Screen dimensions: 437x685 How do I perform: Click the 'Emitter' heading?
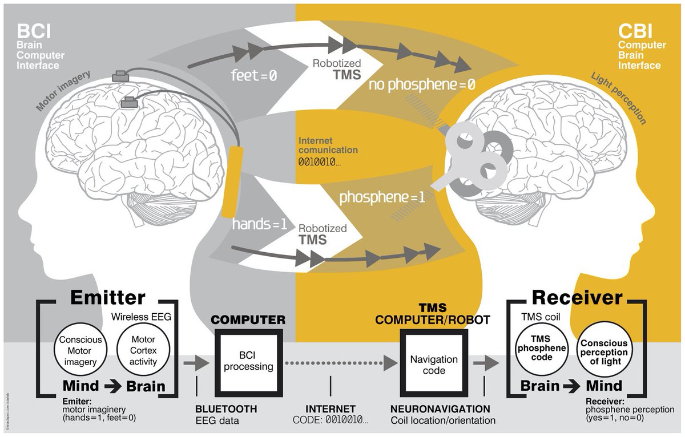[x=108, y=297]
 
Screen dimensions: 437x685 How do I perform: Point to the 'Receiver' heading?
[x=577, y=297]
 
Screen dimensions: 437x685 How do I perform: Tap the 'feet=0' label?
[x=254, y=75]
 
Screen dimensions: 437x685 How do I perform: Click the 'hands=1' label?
[x=259, y=224]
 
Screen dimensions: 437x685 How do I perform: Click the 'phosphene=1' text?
[x=382, y=198]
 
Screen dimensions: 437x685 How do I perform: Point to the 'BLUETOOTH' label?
[x=226, y=409]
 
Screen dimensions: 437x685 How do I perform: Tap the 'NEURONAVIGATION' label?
[x=440, y=409]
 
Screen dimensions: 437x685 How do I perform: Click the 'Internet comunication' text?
[x=328, y=145]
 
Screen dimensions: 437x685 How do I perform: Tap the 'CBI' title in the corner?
[x=632, y=30]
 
